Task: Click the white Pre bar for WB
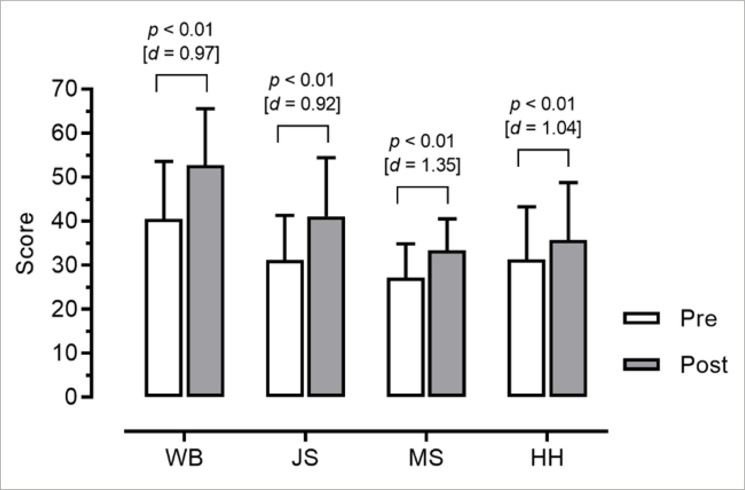point(163,308)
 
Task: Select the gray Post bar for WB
point(205,281)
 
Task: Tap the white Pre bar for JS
point(285,329)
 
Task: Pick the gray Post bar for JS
point(326,307)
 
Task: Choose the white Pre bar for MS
point(406,337)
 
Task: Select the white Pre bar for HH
point(527,328)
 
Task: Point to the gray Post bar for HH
point(568,318)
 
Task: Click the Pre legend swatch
point(641,318)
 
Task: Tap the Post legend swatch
point(641,365)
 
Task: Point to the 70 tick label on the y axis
point(64,90)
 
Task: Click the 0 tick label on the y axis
point(70,397)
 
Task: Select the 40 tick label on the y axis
point(64,221)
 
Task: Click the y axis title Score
point(25,243)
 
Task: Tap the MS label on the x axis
point(426,458)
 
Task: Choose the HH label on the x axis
point(547,458)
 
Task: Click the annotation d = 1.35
point(422,166)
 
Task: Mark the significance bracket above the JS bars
point(303,126)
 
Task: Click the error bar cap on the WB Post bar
point(206,109)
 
